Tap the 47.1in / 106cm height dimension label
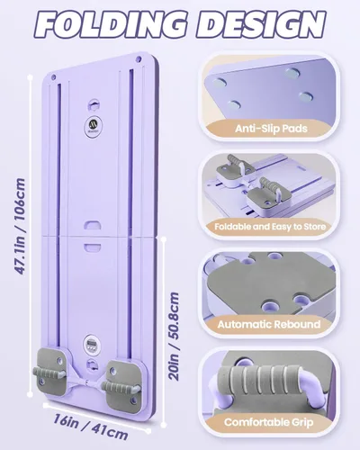(20, 227)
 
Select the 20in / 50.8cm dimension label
(174, 337)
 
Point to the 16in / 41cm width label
(91, 427)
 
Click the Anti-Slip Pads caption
(271, 129)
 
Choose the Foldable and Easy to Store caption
(270, 227)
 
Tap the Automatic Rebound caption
(269, 325)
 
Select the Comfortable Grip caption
(269, 422)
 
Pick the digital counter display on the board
(90, 342)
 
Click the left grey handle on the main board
(49, 373)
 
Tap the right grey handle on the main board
(121, 387)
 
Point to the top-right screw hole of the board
(139, 58)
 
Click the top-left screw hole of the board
(53, 77)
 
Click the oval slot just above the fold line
(93, 225)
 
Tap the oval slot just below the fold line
(93, 247)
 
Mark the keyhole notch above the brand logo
(94, 105)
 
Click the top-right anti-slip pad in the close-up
(293, 72)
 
